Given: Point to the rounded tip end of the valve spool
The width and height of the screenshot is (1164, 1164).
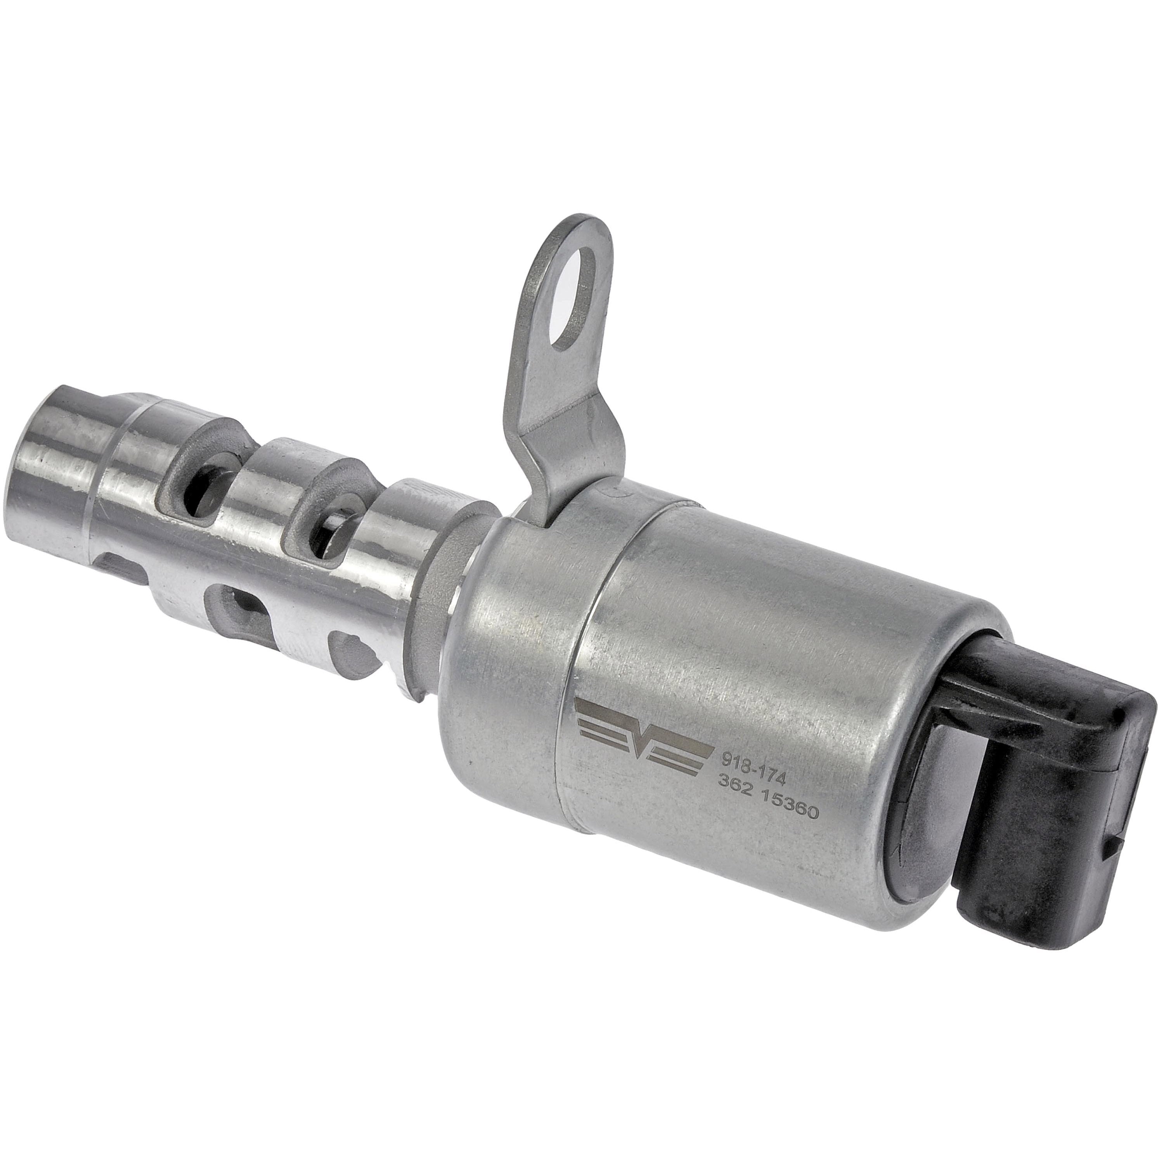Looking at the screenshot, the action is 51,449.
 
